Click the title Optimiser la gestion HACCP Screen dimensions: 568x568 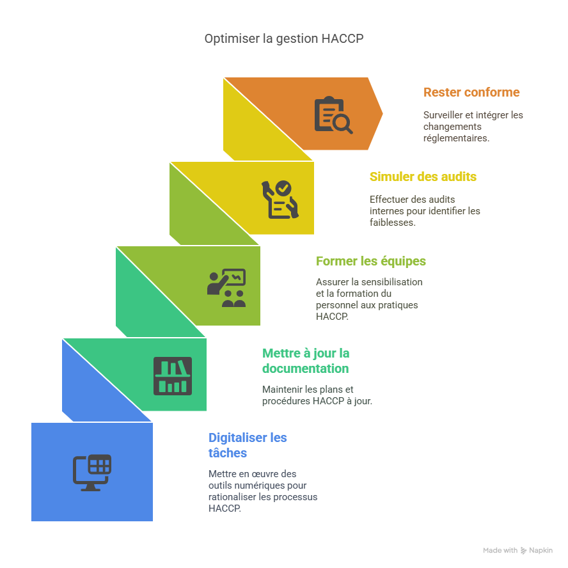click(x=284, y=39)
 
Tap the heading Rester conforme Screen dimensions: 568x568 click(x=471, y=92)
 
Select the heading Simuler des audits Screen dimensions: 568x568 click(x=423, y=177)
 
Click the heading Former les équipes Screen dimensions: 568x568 click(x=371, y=261)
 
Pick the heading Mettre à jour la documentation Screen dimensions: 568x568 click(x=306, y=361)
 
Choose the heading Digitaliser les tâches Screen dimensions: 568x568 click(x=248, y=445)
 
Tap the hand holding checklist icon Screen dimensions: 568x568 click(x=280, y=199)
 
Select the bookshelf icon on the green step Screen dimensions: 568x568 click(x=172, y=375)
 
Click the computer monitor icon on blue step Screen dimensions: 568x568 click(x=91, y=473)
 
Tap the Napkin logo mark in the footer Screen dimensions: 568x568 click(x=523, y=550)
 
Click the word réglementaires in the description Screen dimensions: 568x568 click(x=455, y=138)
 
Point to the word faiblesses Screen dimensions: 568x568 click(x=392, y=223)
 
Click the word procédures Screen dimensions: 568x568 click(x=286, y=401)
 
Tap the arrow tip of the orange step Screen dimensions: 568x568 click(x=383, y=114)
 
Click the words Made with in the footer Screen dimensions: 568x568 click(x=500, y=550)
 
